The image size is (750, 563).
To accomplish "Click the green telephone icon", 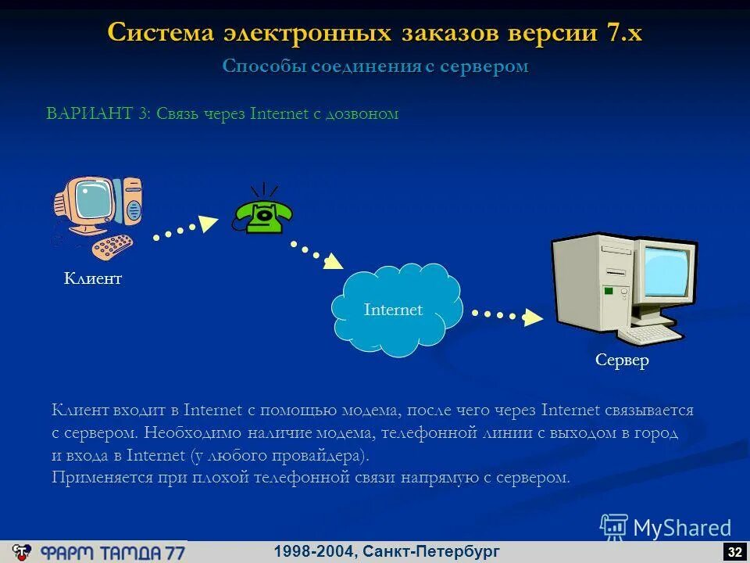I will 262,213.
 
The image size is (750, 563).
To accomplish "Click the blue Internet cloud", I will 394,310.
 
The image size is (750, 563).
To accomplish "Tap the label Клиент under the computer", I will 93,278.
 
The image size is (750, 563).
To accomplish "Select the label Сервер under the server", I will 622,360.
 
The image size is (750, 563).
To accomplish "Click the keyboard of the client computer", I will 112,246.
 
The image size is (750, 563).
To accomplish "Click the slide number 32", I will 734,552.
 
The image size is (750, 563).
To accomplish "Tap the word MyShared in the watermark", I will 681,529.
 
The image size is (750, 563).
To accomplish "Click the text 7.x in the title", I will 623,33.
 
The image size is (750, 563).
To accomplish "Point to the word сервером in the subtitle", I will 484,66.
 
